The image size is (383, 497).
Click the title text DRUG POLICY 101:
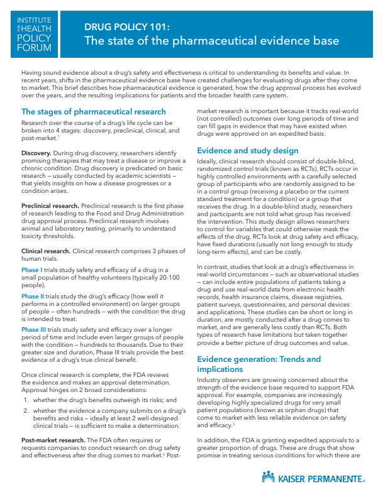coord(127,28)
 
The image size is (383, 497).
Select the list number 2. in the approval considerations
coord(26,410)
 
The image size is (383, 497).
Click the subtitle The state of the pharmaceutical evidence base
coord(212,41)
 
